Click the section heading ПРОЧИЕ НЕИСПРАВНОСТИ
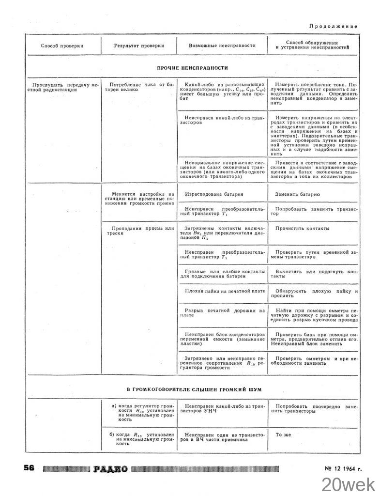[192, 68]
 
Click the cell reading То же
[283, 434]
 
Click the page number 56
[29, 468]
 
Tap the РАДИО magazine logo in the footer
[111, 468]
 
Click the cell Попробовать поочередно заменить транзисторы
[314, 408]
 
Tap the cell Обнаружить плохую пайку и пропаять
[314, 294]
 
